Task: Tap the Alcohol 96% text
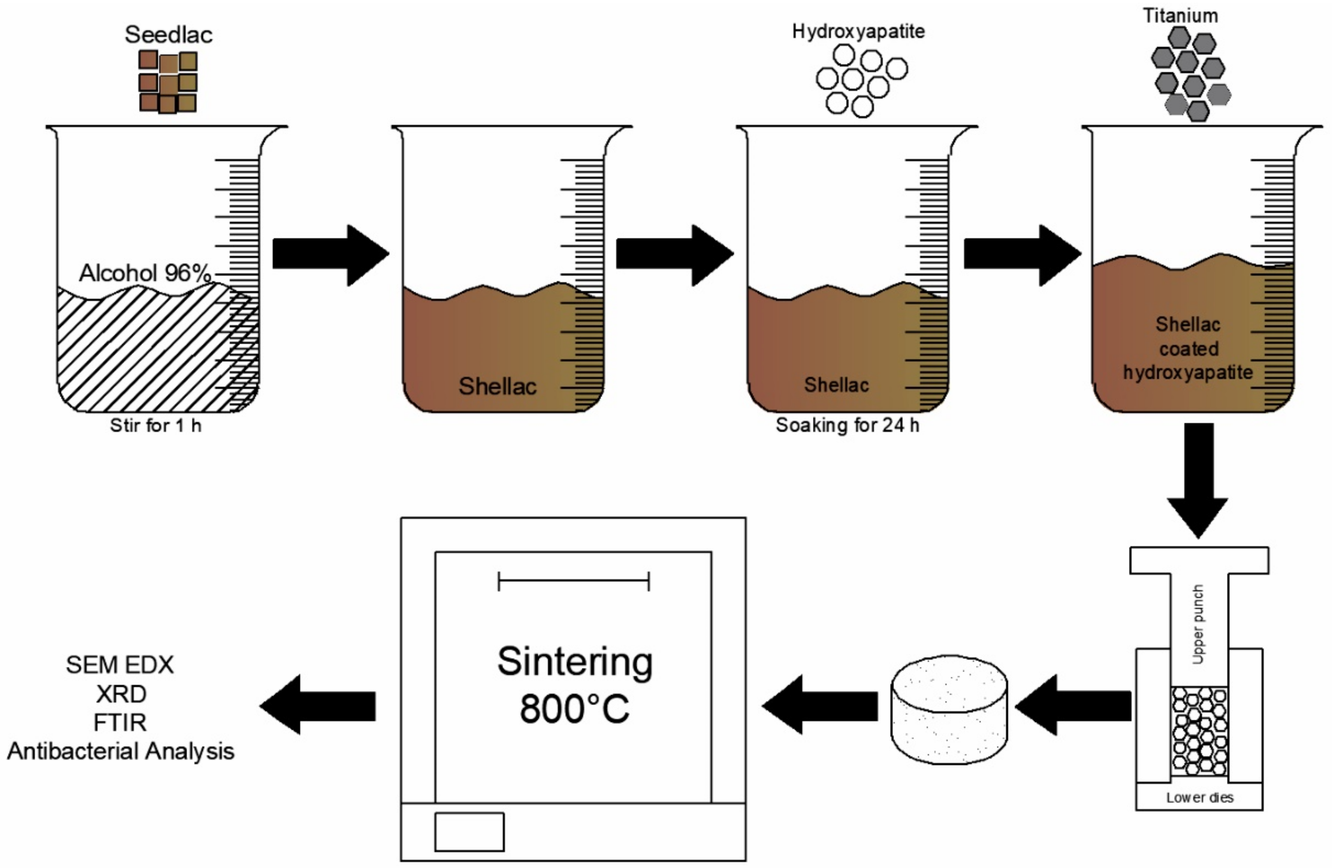(x=145, y=273)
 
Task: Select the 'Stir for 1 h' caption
(x=156, y=426)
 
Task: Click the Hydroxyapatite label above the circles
(x=858, y=31)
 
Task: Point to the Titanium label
(x=1180, y=16)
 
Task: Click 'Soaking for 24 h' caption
(x=847, y=426)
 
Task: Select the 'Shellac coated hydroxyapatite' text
(x=1187, y=348)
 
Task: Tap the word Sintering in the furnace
(x=575, y=662)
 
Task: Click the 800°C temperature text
(x=575, y=709)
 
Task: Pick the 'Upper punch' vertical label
(x=1198, y=624)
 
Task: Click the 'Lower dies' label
(x=1199, y=798)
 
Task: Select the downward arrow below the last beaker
(x=1198, y=481)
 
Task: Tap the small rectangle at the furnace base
(x=469, y=832)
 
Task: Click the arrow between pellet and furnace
(x=819, y=705)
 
